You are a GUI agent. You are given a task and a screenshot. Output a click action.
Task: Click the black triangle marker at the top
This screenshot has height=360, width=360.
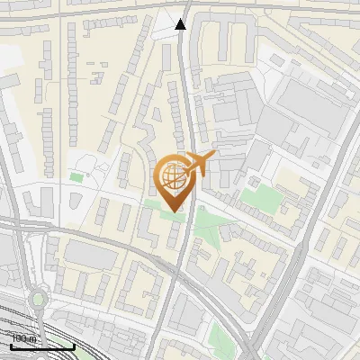(x=181, y=24)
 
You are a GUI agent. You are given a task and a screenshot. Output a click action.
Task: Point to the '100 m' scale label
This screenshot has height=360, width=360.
(x=24, y=338)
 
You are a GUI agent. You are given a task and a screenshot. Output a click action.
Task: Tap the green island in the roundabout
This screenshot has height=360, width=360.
(x=37, y=299)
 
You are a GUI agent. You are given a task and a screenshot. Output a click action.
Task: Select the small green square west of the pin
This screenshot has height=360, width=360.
(x=76, y=176)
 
